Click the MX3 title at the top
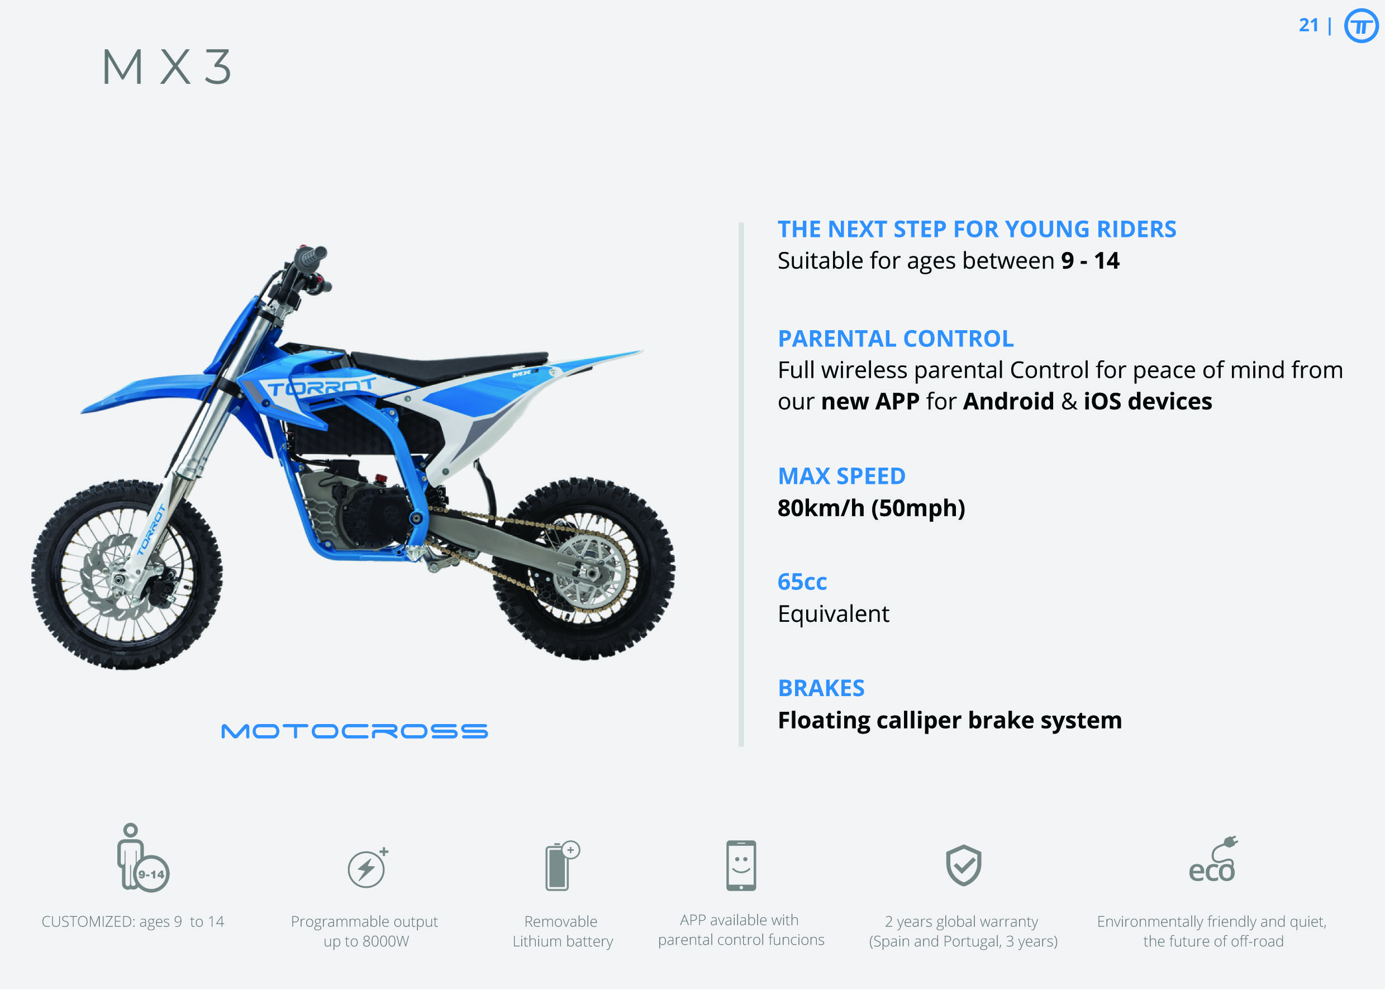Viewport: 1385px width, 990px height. [x=166, y=66]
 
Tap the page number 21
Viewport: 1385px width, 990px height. [x=1308, y=25]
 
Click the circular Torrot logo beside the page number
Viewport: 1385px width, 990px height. [x=1361, y=26]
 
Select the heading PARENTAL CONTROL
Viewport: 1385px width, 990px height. [x=896, y=339]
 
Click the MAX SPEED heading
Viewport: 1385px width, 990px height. [x=841, y=476]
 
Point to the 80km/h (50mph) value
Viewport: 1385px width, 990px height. [x=871, y=508]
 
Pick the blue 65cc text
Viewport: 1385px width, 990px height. [x=802, y=582]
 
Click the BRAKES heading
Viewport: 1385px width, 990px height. [x=821, y=688]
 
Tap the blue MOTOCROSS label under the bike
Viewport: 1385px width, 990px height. [x=354, y=731]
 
